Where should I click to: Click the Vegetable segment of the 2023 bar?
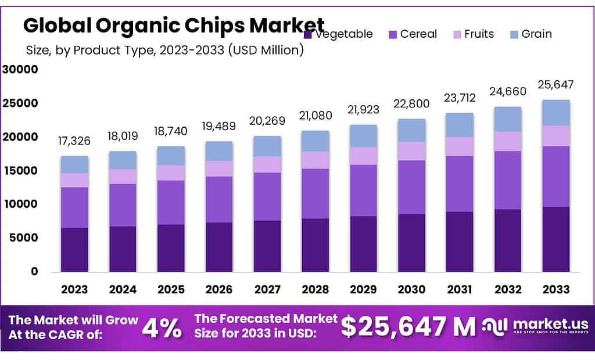click(x=74, y=250)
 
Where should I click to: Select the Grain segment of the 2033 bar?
click(x=556, y=113)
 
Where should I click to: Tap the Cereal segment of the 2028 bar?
click(x=316, y=193)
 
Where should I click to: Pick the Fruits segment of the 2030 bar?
click(x=411, y=151)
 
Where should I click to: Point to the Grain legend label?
click(x=536, y=34)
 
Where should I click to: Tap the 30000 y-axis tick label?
click(x=20, y=70)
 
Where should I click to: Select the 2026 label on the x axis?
click(x=219, y=289)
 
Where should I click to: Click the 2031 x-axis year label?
click(x=460, y=289)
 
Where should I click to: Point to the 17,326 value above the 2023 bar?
click(x=74, y=141)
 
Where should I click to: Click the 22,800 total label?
click(x=411, y=104)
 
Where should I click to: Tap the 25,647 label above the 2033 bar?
click(x=556, y=85)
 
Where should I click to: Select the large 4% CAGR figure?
click(x=162, y=328)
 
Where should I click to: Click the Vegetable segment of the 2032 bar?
click(x=508, y=240)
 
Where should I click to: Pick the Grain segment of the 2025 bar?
click(x=171, y=156)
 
